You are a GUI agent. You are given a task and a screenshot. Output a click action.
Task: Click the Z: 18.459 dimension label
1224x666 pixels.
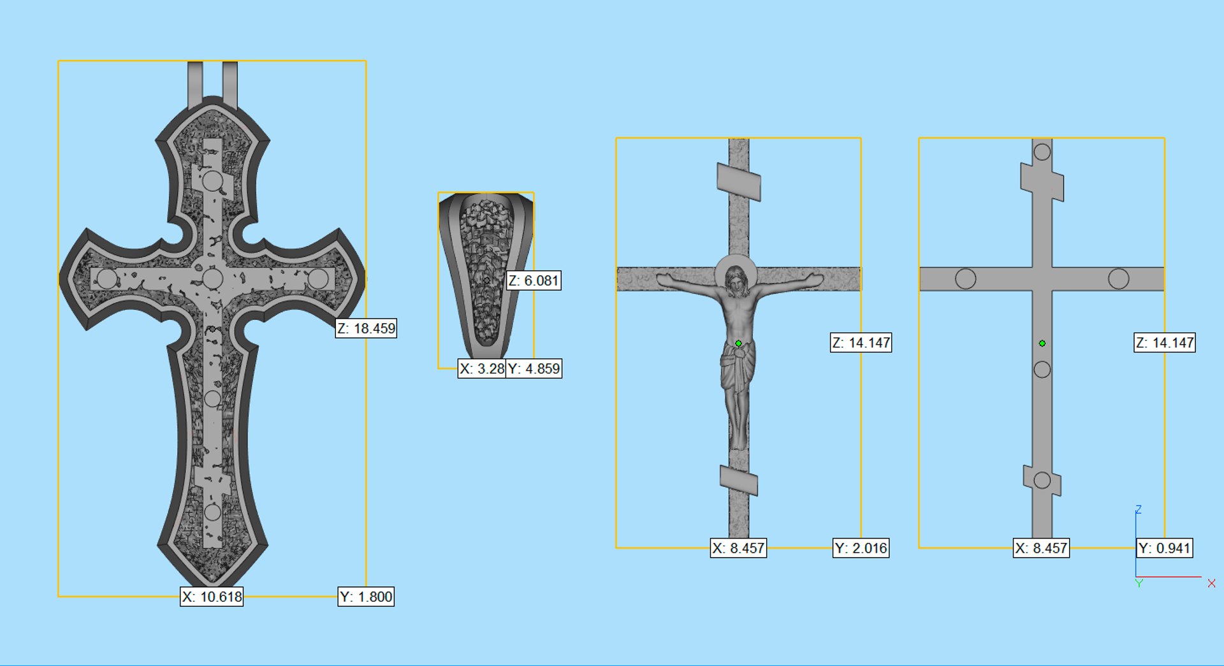point(366,328)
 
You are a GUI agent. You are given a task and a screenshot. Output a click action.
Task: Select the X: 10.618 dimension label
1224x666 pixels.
point(212,597)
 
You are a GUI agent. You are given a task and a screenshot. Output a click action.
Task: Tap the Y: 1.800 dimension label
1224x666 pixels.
point(366,597)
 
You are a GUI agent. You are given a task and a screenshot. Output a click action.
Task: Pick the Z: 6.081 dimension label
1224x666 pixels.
point(534,280)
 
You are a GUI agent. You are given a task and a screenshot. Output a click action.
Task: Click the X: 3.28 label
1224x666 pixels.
point(482,368)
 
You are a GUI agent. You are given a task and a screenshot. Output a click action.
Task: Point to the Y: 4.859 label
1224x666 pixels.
point(534,368)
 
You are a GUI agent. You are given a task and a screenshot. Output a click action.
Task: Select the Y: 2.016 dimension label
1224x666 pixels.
point(861,548)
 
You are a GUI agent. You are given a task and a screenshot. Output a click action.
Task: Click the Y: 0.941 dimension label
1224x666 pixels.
point(1164,548)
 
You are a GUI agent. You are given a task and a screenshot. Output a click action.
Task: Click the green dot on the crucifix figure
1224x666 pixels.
point(738,344)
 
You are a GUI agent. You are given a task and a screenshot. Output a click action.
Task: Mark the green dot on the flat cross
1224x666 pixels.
point(1042,344)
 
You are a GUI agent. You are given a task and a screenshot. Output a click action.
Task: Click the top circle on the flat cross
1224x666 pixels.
point(1042,152)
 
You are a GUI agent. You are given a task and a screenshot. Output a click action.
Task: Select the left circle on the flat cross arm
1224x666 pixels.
point(965,279)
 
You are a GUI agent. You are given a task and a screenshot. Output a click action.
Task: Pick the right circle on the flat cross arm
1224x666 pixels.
point(1118,279)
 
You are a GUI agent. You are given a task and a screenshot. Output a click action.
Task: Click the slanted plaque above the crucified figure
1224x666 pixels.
point(739,182)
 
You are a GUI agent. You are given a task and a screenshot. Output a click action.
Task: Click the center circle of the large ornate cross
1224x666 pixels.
point(212,279)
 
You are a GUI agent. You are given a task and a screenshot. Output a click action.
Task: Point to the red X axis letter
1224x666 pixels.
point(1211,583)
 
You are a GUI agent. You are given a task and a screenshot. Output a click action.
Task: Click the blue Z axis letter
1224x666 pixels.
point(1138,509)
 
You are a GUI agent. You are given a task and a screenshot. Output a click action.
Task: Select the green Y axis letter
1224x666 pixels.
point(1139,583)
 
